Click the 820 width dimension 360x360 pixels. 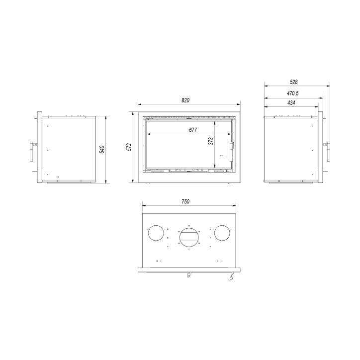(185, 100)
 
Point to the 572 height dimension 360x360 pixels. (129, 147)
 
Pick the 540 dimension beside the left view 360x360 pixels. (101, 149)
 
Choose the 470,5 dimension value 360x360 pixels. (292, 93)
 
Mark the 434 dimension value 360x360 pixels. (291, 103)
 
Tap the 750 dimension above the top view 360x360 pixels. (185, 201)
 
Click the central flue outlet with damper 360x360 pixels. (189, 237)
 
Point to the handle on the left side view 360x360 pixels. (33, 150)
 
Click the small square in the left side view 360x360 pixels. (58, 176)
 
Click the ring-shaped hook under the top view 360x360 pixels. (230, 279)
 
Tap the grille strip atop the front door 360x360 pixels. (189, 118)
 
